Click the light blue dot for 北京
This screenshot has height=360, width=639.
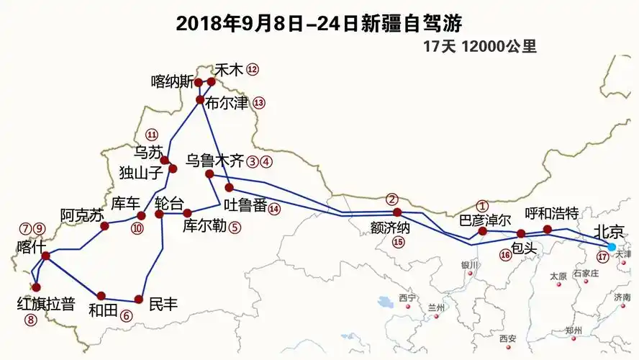tap(612, 247)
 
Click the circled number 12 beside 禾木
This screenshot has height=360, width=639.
tap(252, 70)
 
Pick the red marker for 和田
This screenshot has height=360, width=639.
tap(101, 296)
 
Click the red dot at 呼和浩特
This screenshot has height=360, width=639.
tap(547, 230)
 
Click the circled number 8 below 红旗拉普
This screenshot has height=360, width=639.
tap(31, 320)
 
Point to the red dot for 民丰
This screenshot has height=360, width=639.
tap(138, 300)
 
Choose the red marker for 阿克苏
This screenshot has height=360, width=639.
tap(104, 226)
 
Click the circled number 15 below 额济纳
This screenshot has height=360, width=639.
tap(399, 242)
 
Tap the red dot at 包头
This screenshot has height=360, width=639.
tap(522, 233)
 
